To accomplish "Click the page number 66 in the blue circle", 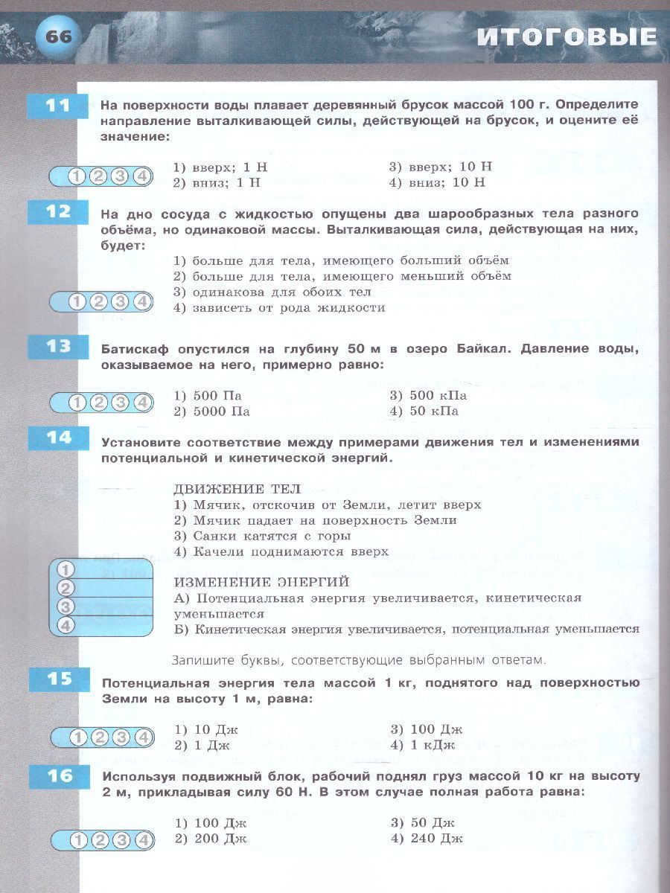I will [59, 36].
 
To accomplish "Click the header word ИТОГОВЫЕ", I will [567, 37].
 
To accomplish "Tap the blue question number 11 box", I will [57, 106].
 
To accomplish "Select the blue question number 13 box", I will [57, 347].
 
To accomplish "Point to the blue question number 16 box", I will [57, 776].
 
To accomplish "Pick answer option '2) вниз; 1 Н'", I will [217, 182].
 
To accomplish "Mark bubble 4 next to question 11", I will [142, 176].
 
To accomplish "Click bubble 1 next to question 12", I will [77, 301].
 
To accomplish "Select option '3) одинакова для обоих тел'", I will [272, 292].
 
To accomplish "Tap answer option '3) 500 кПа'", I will [428, 396].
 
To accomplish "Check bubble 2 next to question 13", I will [98, 403].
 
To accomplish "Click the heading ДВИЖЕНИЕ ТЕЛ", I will [237, 489].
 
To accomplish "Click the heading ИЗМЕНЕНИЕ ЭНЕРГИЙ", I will [261, 582].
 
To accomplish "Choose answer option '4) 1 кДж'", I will [425, 745].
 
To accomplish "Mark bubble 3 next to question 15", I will [121, 737].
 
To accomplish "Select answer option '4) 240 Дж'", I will [427, 839].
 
